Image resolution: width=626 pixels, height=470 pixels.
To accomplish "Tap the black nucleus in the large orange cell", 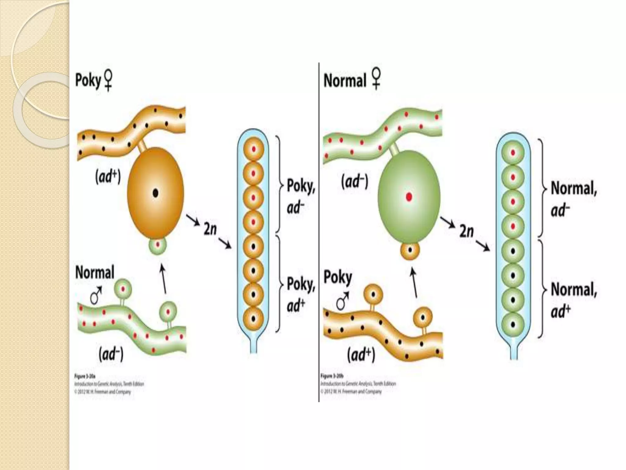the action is pos(156,193).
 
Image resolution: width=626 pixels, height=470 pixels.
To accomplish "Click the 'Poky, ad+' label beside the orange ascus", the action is pos(300,294).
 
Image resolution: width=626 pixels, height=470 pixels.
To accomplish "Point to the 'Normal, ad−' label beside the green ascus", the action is pos(573,199).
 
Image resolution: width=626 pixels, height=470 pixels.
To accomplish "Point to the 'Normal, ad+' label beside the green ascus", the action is pos(573,300).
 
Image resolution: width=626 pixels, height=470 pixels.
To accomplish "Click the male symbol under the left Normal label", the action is pos(96,296).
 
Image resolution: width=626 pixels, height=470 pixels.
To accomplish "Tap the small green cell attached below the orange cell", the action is pos(158,245).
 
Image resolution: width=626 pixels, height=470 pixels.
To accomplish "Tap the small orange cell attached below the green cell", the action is pos(410,250).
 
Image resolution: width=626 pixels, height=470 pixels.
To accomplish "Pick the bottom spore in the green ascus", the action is pos(513,324).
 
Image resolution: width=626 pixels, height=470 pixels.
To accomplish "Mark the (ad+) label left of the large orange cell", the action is pos(108,177).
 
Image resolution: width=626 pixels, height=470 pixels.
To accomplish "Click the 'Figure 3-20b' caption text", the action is pos(332,375).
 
